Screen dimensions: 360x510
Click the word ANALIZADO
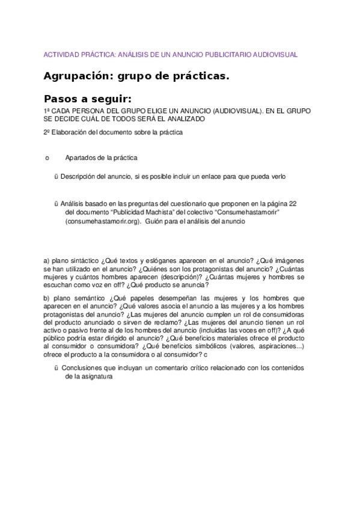(187, 119)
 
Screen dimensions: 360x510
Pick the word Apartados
(79, 158)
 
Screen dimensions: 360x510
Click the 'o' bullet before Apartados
(47, 158)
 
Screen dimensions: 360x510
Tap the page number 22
(293, 203)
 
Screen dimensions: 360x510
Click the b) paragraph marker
(47, 298)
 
